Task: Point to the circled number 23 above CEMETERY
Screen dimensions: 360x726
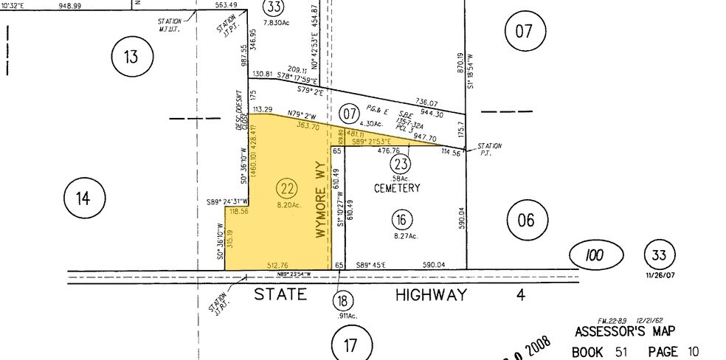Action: coord(401,165)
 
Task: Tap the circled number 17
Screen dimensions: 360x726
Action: coord(350,343)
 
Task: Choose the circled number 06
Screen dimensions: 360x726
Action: coord(528,218)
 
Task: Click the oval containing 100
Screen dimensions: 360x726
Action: coord(595,257)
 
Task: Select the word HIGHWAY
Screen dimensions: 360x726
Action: coord(432,295)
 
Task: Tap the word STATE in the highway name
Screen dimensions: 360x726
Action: coord(281,295)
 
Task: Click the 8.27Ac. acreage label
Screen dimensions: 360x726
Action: coord(405,236)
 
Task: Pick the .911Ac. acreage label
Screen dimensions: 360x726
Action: coord(342,316)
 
